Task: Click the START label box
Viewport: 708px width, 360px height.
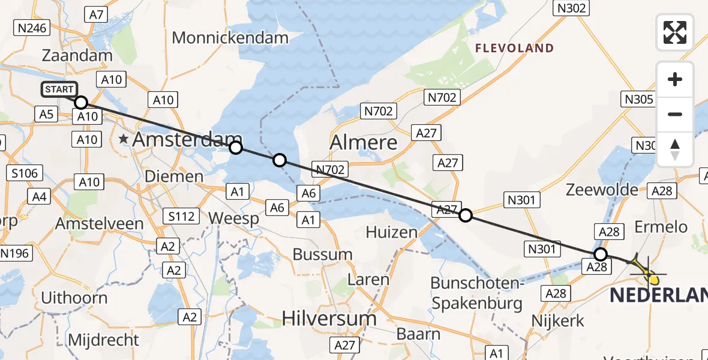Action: (x=59, y=90)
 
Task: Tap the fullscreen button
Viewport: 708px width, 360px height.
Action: (x=675, y=32)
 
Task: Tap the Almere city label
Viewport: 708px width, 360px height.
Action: (x=364, y=142)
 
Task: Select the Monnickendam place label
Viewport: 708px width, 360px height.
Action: (x=230, y=37)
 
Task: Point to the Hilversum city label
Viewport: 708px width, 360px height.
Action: (x=329, y=317)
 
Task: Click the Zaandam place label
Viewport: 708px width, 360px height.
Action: (x=77, y=56)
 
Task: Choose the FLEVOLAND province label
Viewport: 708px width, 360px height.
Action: (x=515, y=48)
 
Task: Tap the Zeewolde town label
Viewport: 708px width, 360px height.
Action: (x=602, y=190)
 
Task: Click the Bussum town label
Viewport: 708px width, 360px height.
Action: (x=322, y=254)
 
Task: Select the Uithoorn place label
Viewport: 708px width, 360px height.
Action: (x=74, y=298)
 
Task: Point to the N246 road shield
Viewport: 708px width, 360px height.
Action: (x=33, y=28)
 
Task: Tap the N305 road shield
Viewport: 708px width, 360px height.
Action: (x=638, y=99)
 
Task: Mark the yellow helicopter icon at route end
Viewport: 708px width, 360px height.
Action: (x=648, y=273)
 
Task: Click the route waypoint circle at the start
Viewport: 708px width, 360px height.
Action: (x=81, y=102)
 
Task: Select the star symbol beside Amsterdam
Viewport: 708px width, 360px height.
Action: (x=124, y=139)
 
